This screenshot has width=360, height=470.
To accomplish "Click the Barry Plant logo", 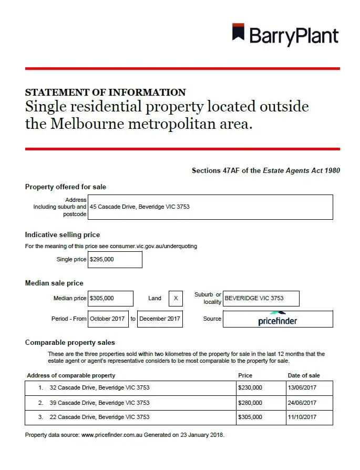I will pos(285,35).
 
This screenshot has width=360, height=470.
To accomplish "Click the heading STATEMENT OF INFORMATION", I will pos(105,93).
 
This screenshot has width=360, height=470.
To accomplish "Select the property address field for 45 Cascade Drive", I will pos(210,207).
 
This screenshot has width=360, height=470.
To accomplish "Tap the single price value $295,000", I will pos(115,260).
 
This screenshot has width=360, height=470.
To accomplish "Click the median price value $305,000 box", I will pos(110,299).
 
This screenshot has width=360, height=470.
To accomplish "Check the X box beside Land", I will pos(176,299).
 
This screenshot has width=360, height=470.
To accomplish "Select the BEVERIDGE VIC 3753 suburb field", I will pos(261,299).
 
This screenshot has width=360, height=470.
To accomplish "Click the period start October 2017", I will pos(108,319).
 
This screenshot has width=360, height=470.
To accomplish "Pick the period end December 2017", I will pos(160,319).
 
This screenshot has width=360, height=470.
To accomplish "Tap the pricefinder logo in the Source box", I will pos(277,319).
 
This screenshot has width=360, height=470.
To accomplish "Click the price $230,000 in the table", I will pos(250,388).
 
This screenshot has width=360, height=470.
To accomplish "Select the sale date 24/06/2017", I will pos(302,403).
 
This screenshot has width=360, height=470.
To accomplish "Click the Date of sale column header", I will pos(304,375).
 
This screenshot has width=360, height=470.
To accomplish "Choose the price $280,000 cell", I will pos(250,403).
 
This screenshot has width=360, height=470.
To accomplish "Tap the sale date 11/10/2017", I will pos(302,417).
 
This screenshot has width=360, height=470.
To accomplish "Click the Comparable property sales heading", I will pos(70,342).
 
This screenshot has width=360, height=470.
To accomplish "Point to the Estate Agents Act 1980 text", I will pos(302,171).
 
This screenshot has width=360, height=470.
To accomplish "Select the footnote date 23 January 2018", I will pos(201,435).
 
